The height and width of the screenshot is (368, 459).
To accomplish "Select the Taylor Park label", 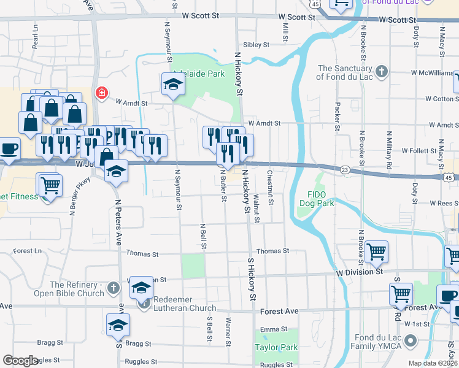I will click(276, 348).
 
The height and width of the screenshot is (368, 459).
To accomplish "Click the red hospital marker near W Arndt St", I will click(101, 93).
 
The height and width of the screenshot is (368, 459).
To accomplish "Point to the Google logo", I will click(20, 361).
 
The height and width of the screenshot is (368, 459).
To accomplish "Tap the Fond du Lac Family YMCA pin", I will click(411, 339).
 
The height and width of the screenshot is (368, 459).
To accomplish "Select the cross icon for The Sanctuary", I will click(382, 72).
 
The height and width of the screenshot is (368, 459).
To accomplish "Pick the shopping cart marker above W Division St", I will click(376, 251).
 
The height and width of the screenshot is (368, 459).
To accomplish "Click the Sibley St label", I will click(256, 45).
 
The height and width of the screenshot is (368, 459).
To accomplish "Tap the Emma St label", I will click(270, 329).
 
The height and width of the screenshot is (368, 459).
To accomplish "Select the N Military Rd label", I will click(388, 150).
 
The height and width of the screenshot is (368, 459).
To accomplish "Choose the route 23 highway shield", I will click(345, 169).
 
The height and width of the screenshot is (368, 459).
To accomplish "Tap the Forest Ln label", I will click(27, 251).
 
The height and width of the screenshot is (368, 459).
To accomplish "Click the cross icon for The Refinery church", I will click(113, 287).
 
